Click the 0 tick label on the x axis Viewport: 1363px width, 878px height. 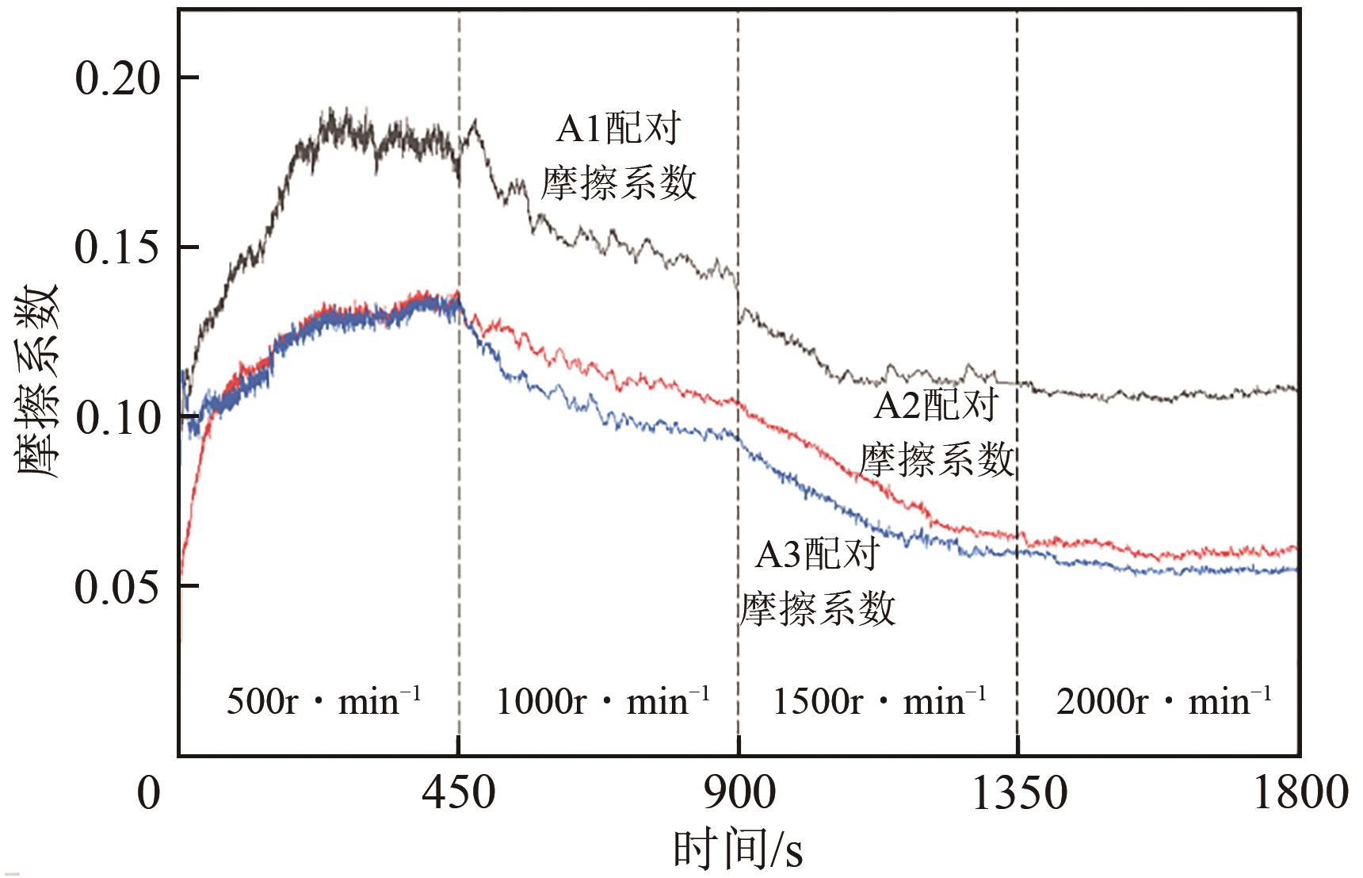click(149, 792)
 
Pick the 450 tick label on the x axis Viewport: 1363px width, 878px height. click(459, 792)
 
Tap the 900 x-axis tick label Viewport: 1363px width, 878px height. click(739, 792)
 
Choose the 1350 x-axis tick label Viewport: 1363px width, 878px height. click(1018, 792)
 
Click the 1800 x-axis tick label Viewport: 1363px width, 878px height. click(1299, 792)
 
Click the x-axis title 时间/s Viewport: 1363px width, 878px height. click(738, 849)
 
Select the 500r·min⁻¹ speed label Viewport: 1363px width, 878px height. click(323, 701)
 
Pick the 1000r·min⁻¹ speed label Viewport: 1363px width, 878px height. click(602, 701)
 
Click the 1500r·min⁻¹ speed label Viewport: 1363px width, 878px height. click(880, 701)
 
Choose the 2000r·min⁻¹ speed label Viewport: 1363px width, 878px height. click(1163, 701)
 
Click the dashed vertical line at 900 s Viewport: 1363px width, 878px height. click(739, 198)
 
